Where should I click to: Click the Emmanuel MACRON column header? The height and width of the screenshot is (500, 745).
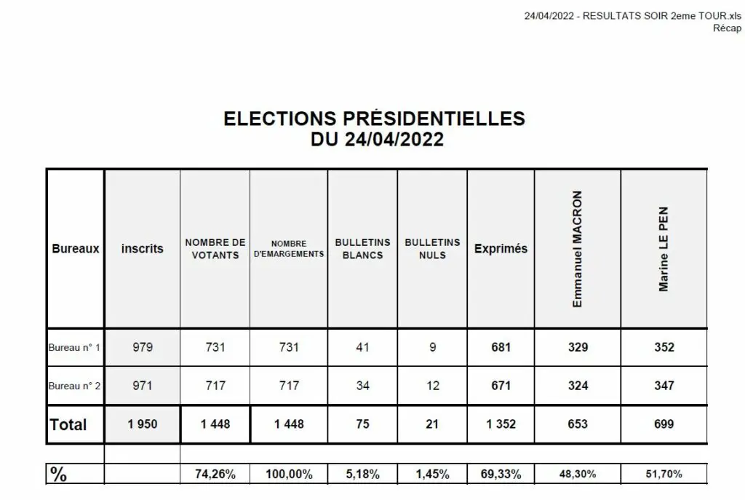577,249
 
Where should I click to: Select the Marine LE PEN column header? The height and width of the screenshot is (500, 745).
664,249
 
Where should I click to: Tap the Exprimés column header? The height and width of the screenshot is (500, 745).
501,249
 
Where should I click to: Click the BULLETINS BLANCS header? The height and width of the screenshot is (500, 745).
362,249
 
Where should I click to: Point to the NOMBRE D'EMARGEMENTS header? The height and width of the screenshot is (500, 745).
289,249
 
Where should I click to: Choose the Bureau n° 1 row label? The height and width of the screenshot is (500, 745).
75,347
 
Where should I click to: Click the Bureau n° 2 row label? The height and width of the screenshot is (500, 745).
75,386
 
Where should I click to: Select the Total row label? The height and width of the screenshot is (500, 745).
68,424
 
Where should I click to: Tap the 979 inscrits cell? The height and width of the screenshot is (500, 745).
143,347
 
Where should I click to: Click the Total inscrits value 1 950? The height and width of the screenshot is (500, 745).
143,424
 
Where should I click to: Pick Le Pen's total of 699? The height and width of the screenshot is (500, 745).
664,424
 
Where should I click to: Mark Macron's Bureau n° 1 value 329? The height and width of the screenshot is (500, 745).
578,347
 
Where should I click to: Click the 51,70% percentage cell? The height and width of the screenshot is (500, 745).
664,474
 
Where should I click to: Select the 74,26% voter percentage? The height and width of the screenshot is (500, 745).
215,474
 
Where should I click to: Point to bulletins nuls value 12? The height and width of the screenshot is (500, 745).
432,386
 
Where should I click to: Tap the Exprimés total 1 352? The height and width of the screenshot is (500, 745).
501,424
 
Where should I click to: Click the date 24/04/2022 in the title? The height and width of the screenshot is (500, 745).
394,139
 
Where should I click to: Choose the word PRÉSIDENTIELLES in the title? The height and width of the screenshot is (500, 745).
434,118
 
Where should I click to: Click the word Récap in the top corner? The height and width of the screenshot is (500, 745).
727,28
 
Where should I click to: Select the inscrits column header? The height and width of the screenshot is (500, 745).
143,249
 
